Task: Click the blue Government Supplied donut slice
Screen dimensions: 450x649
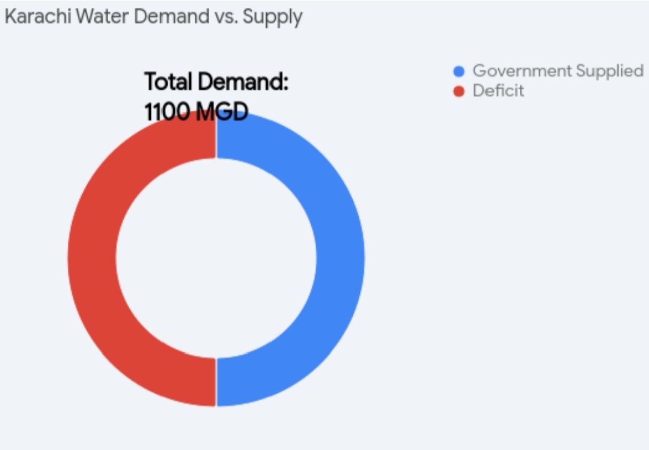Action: [340, 258]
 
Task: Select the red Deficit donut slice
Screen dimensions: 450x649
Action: [92, 258]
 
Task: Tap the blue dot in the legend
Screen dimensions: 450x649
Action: [459, 71]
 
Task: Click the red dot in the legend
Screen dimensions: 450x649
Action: [459, 92]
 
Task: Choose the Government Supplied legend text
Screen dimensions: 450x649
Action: [558, 71]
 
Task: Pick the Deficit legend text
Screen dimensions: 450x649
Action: [498, 91]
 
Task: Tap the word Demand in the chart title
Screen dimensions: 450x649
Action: [171, 17]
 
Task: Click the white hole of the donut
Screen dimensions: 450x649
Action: [216, 258]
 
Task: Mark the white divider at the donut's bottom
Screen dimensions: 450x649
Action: [216, 382]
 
